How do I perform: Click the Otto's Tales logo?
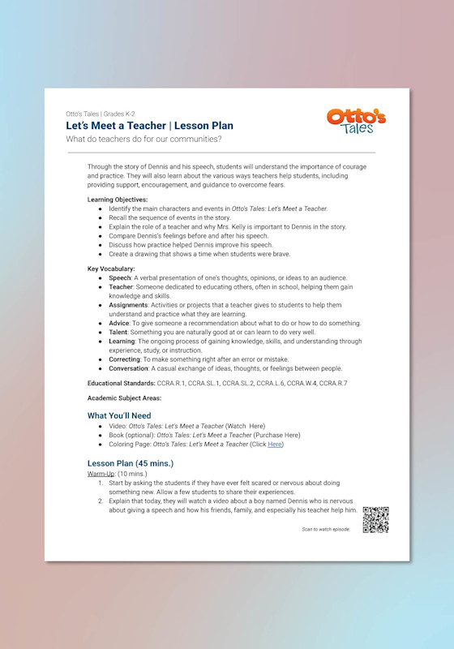pyautogui.click(x=356, y=122)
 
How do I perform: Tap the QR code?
pyautogui.click(x=375, y=520)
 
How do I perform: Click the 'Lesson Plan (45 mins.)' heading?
pyautogui.click(x=131, y=463)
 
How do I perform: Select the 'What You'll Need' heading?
pyautogui.click(x=119, y=415)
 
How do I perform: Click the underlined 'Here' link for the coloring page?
pyautogui.click(x=276, y=444)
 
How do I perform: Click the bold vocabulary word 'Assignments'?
pyautogui.click(x=130, y=305)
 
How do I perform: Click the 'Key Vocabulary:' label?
pyautogui.click(x=111, y=269)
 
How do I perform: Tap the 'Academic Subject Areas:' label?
pyautogui.click(x=125, y=398)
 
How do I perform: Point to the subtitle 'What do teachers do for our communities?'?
pyautogui.click(x=144, y=140)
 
